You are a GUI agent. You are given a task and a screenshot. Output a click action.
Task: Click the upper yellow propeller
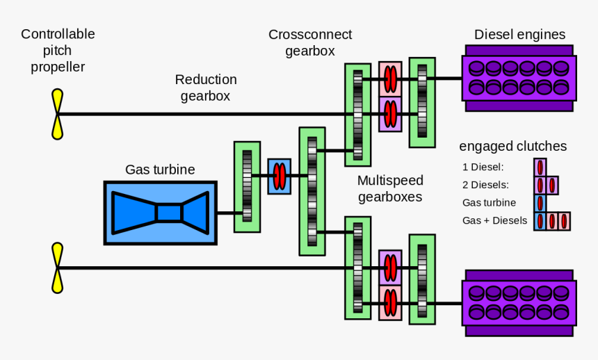(x=57, y=114)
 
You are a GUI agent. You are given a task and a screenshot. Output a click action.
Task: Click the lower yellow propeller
(x=57, y=268)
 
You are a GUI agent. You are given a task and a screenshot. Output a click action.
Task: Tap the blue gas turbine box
(x=160, y=212)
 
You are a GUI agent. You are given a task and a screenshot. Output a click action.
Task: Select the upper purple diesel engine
(x=519, y=78)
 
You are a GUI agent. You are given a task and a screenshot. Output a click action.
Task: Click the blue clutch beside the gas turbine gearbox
(x=279, y=176)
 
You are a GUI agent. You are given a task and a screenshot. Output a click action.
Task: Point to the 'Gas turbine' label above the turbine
(x=160, y=169)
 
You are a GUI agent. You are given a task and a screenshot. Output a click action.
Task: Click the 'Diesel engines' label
(x=519, y=35)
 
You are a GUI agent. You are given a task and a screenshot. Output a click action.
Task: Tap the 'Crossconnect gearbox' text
(x=310, y=42)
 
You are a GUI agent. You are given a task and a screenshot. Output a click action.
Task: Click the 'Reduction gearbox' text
(x=206, y=88)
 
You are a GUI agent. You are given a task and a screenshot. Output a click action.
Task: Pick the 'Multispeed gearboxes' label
(x=390, y=188)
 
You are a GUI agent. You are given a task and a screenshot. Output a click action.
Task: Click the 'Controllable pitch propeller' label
(x=58, y=50)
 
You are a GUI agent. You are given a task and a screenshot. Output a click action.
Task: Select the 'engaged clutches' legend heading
(x=512, y=146)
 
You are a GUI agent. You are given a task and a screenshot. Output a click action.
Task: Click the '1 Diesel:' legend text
(x=483, y=167)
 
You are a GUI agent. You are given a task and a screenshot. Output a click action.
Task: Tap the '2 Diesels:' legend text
(x=485, y=185)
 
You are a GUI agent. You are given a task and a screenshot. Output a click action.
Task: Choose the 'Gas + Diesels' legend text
(x=494, y=221)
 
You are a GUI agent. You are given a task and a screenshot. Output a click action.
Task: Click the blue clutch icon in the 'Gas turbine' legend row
(x=540, y=203)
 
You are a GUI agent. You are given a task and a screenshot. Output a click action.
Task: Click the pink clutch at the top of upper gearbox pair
(x=390, y=79)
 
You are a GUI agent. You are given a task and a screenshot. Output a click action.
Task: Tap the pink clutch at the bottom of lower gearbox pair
(x=390, y=302)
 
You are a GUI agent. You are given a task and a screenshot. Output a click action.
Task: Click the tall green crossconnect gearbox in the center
(x=312, y=191)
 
